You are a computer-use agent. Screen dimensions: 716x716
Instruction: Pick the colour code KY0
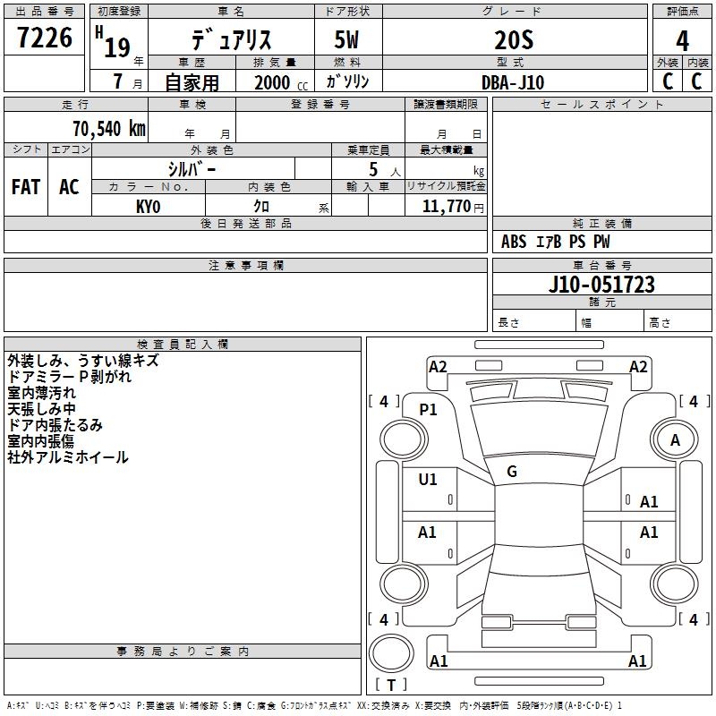click(149, 206)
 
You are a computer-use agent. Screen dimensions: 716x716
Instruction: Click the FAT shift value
click(26, 187)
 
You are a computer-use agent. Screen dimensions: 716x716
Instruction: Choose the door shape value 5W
click(347, 39)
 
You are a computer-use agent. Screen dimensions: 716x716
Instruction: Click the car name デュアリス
click(231, 39)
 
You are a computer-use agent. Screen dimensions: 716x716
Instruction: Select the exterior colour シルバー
click(192, 168)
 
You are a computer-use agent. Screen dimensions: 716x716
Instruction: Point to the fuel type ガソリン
click(347, 82)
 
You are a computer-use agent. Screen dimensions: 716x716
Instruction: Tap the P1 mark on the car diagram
click(429, 409)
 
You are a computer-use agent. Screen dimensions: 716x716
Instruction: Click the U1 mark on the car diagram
click(428, 480)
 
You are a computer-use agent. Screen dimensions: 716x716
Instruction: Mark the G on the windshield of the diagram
click(512, 472)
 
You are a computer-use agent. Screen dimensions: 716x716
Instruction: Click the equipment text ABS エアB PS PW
click(556, 242)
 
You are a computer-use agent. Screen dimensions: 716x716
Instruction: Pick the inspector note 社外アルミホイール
click(68, 457)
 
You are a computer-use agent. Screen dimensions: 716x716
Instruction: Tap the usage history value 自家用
click(192, 82)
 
